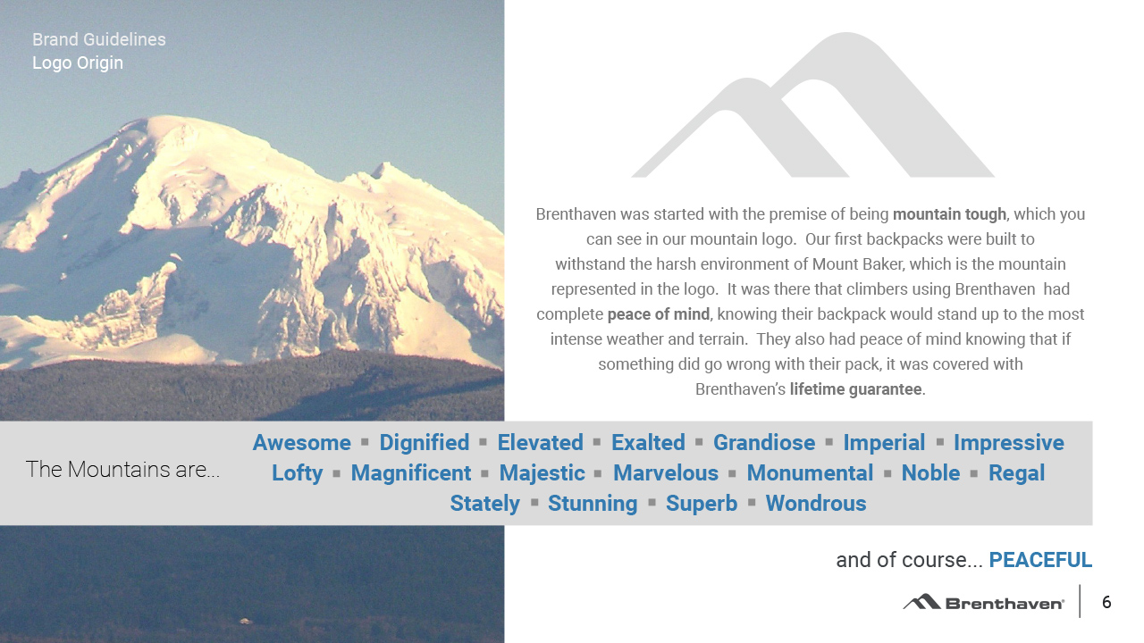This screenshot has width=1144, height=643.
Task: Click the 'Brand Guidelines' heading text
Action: tap(99, 40)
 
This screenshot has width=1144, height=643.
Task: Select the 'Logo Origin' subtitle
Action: tap(78, 63)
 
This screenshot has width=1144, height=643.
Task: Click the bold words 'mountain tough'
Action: tap(949, 213)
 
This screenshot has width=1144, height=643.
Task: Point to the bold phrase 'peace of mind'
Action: tap(659, 313)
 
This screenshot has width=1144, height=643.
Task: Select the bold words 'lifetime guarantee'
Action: tap(856, 388)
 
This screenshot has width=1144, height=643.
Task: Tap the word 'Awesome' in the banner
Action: tap(302, 442)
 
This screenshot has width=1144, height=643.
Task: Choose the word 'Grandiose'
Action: tap(764, 442)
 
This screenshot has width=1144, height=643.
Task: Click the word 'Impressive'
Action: tap(1009, 442)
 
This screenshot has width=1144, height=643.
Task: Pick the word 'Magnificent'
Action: tap(410, 473)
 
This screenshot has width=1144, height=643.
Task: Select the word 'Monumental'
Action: tap(810, 473)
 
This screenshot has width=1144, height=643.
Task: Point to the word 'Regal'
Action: tap(1016, 473)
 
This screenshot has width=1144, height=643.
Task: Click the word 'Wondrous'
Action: tap(816, 503)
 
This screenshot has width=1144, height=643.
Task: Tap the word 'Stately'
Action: tap(484, 503)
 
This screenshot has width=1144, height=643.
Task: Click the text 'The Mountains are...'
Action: tap(122, 469)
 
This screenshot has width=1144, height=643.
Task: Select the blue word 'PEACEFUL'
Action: tap(1040, 560)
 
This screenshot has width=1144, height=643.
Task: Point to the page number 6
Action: tap(1106, 602)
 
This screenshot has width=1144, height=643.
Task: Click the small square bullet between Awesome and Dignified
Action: tap(365, 441)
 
